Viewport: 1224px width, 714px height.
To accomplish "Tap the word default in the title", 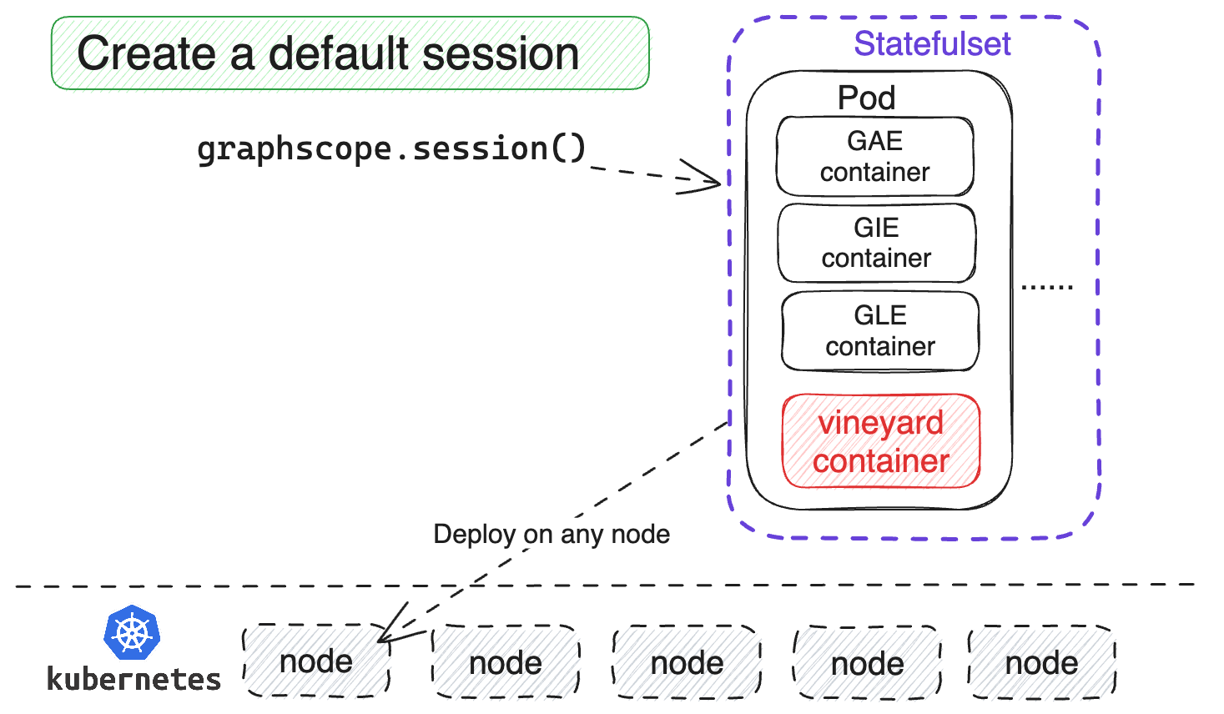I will (340, 54).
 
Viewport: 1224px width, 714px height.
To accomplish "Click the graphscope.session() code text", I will (391, 149).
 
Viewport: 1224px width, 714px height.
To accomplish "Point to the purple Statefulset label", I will (932, 43).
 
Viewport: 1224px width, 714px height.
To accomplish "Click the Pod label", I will (866, 98).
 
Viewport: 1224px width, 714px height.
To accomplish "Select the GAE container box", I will (874, 157).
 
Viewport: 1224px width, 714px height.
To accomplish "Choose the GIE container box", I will (876, 243).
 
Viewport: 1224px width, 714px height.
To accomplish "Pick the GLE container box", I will (880, 331).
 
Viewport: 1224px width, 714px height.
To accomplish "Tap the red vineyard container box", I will (880, 441).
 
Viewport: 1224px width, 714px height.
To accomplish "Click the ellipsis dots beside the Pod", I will (1047, 286).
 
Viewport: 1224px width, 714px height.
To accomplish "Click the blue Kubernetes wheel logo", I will (132, 633).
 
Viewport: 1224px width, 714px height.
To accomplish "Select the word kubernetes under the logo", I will (133, 680).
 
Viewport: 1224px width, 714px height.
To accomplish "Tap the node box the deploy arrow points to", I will (316, 661).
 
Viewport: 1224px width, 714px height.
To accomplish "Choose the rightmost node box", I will (1041, 663).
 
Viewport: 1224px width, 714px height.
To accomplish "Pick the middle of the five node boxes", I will (687, 663).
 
